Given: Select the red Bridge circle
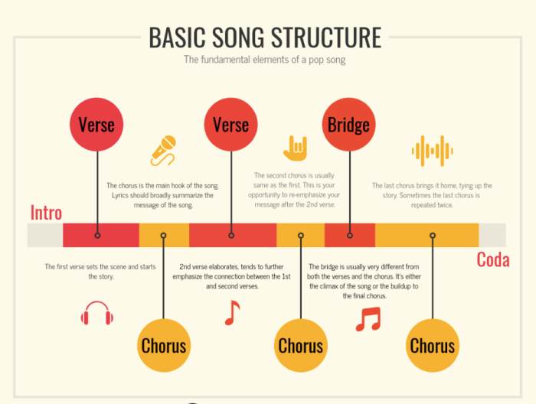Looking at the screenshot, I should coord(349,125).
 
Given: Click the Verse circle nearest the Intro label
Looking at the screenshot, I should coord(96,125).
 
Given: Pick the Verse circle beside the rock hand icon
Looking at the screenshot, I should coord(231,125).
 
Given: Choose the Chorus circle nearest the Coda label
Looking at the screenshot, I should coord(433,345).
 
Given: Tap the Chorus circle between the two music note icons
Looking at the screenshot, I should coord(300,345).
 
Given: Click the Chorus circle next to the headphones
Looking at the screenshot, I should coord(164,345).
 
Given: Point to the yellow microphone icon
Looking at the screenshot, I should coord(163,150).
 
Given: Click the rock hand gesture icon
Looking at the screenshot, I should coord(295,147).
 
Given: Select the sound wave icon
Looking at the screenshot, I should coord(432,151).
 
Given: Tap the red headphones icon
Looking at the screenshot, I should coord(97,313).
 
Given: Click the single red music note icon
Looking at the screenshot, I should coord(232,312).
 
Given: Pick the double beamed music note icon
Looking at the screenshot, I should coord(368,318).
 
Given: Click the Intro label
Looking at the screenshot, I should coord(46,213).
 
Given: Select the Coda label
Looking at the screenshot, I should coord(492,259).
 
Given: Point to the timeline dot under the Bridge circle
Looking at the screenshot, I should coord(350,236).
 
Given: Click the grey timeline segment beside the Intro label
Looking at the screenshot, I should coord(44,236).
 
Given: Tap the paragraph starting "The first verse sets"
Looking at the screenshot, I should coord(90,271).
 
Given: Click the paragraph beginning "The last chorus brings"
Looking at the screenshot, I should coord(432,195).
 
